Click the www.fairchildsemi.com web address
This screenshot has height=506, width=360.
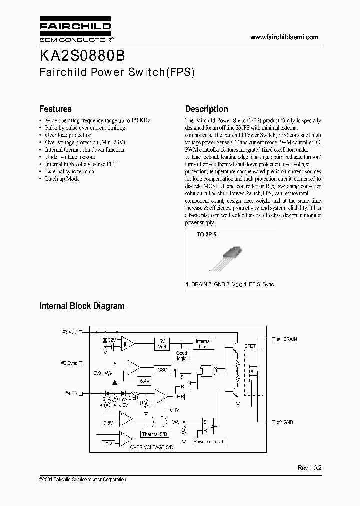(284, 37)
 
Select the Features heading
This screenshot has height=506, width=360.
(55, 109)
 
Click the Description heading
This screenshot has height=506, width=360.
(206, 109)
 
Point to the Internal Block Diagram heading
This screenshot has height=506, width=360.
(82, 306)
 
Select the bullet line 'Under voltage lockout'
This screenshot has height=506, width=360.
(70, 157)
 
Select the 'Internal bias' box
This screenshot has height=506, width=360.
(203, 344)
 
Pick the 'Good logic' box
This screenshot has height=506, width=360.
(181, 355)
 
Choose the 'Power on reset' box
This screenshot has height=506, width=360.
(208, 442)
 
